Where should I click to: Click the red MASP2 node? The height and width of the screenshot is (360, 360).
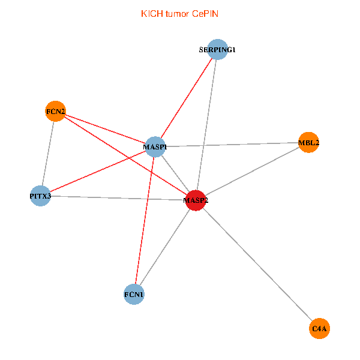click(x=196, y=200)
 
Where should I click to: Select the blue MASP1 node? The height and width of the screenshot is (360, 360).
click(x=155, y=146)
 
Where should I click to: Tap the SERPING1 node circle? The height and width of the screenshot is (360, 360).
click(x=217, y=50)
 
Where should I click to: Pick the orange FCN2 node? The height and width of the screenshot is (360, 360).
click(x=55, y=111)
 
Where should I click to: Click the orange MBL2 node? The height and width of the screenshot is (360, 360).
click(x=308, y=143)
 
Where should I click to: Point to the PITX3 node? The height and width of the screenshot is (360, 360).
click(x=40, y=196)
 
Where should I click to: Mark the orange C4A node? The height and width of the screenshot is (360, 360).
click(x=320, y=328)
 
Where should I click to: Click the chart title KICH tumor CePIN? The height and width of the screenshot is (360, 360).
click(x=179, y=14)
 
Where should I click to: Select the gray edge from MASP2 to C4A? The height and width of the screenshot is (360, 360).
click(x=258, y=264)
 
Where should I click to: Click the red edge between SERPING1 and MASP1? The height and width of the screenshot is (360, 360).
click(x=186, y=98)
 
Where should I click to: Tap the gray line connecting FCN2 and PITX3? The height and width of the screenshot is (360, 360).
click(x=48, y=153)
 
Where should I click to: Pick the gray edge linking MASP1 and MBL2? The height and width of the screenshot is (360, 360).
click(x=232, y=145)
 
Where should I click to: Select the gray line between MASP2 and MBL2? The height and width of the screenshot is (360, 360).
click(x=252, y=172)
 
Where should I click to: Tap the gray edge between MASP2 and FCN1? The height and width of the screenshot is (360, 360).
click(x=165, y=247)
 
